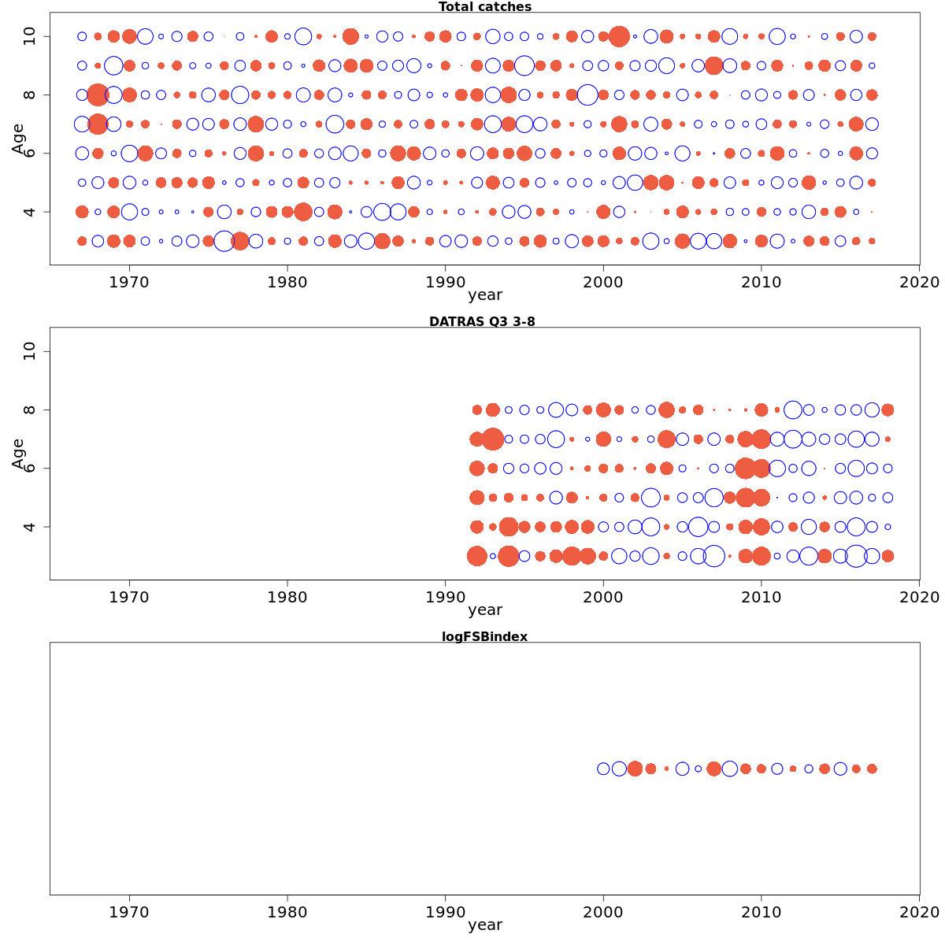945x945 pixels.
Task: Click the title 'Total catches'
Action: point(484,7)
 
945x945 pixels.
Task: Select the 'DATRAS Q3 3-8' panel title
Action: point(482,321)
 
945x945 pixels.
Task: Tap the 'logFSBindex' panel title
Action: point(484,636)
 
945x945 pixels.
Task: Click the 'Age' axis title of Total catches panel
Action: point(19,139)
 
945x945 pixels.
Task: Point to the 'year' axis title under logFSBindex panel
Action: point(484,925)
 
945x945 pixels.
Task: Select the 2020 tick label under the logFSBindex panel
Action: point(919,912)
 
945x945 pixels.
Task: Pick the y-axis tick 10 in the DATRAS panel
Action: point(30,351)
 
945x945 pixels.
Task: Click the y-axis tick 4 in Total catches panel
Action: point(30,212)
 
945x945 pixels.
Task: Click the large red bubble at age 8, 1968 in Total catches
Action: point(98,94)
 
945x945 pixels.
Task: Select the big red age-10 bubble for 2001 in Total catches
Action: point(619,36)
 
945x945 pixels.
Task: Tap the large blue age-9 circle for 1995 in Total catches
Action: point(524,65)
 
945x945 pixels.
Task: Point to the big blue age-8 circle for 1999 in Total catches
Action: point(587,94)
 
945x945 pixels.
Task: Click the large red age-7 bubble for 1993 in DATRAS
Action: point(493,439)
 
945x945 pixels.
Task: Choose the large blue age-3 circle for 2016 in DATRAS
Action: point(856,556)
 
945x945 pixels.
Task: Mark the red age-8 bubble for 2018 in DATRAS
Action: point(888,409)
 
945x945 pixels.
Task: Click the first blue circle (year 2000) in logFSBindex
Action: point(603,769)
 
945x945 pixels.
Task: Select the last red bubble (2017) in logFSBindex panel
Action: point(872,769)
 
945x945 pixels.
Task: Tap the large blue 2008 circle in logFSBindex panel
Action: point(730,769)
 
